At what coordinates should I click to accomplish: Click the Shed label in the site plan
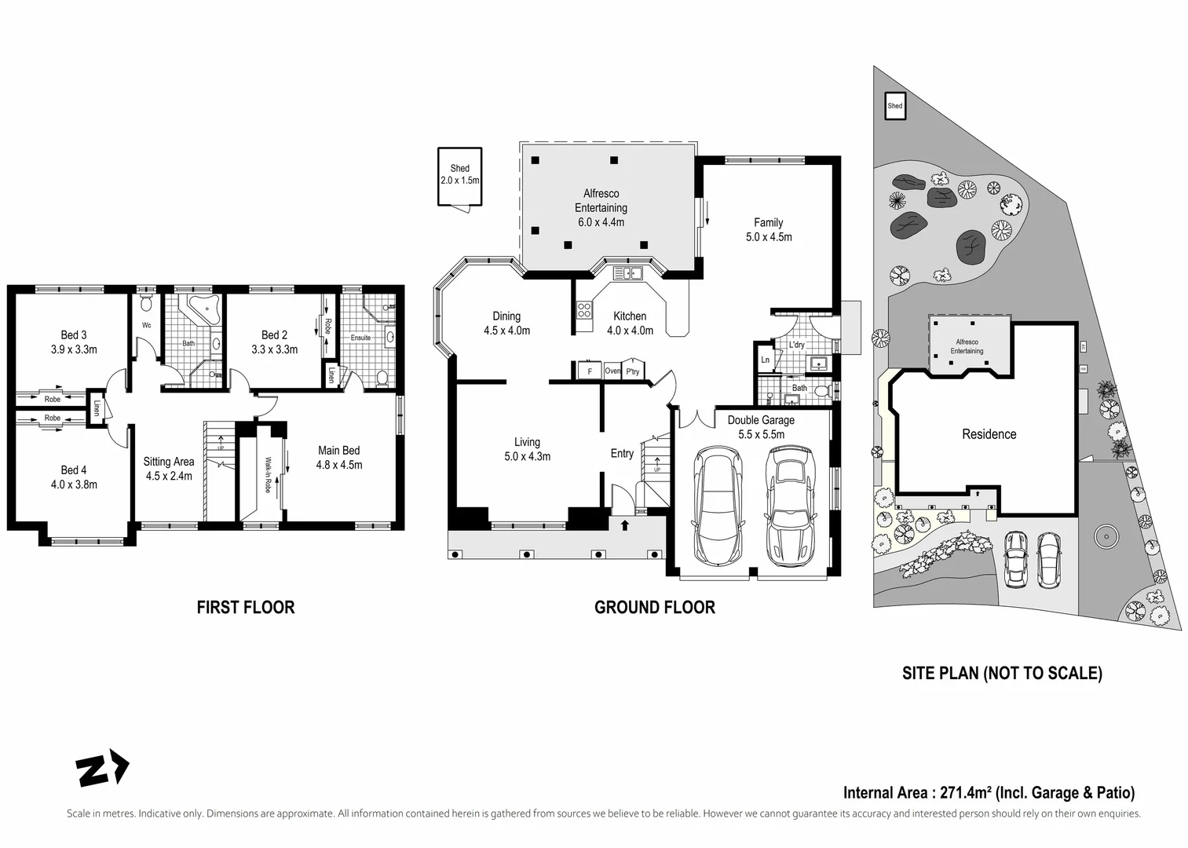[x=894, y=105]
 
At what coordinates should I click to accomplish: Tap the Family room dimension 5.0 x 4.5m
[x=769, y=237]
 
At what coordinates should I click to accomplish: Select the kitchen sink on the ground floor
[x=627, y=273]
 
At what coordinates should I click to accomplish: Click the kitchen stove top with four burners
[x=584, y=309]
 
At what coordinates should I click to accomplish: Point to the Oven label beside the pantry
[x=612, y=371]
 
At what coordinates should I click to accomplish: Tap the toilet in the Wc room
[x=146, y=303]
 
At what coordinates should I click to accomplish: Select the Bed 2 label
[x=274, y=335]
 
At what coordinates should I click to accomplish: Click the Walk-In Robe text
[x=268, y=475]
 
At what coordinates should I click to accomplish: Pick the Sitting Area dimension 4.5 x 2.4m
[x=169, y=476]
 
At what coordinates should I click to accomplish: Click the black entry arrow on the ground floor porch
[x=625, y=525]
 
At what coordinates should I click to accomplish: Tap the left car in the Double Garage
[x=717, y=505]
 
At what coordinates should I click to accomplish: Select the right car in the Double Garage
[x=790, y=506]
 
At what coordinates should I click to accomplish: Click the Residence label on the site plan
[x=989, y=434]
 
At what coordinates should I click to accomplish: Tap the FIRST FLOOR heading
[x=246, y=607]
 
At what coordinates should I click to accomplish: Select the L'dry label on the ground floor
[x=797, y=345]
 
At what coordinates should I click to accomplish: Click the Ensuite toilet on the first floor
[x=382, y=378]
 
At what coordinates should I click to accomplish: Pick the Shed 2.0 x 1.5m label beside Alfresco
[x=460, y=174]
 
